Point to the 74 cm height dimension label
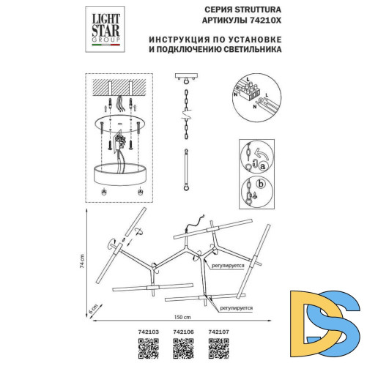pos(84,261)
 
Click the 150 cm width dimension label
pos(182,317)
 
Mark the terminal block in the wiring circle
pos(256,89)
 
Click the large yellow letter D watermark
pos(305,318)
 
